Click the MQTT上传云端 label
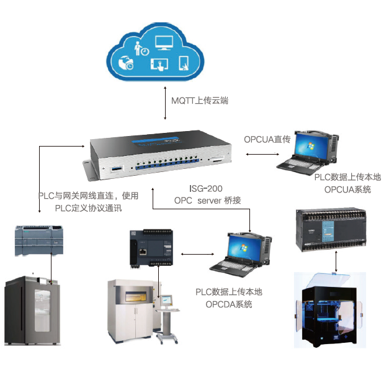200,101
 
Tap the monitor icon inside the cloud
164,42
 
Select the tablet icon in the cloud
184,63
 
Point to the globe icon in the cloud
126,63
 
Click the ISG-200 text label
205,189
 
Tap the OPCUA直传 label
267,139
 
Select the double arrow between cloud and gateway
165,103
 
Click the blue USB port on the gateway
117,169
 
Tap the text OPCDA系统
229,304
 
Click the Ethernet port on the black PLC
143,252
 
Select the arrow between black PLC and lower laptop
197,254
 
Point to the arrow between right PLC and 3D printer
336,261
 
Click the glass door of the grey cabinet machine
42,310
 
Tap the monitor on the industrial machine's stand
166,301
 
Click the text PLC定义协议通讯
88,208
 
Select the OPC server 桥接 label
208,201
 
